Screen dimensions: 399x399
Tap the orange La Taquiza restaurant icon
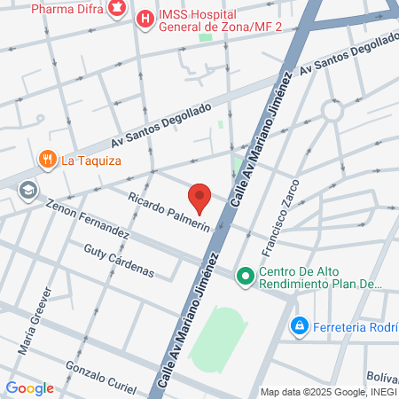coord(47,160)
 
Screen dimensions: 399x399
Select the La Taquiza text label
coord(91,160)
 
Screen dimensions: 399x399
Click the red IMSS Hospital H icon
coord(144,17)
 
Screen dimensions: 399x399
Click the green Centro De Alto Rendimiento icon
coord(246,278)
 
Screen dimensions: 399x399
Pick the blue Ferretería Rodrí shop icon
coord(301,327)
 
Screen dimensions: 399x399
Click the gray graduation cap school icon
coord(28,190)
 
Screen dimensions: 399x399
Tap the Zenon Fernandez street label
coord(88,219)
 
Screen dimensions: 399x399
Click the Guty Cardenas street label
coord(119,261)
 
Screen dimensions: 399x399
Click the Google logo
coord(29,388)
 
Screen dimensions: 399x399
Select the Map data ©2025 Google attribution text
coord(327,392)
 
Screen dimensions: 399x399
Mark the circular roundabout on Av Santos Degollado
coord(332,112)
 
